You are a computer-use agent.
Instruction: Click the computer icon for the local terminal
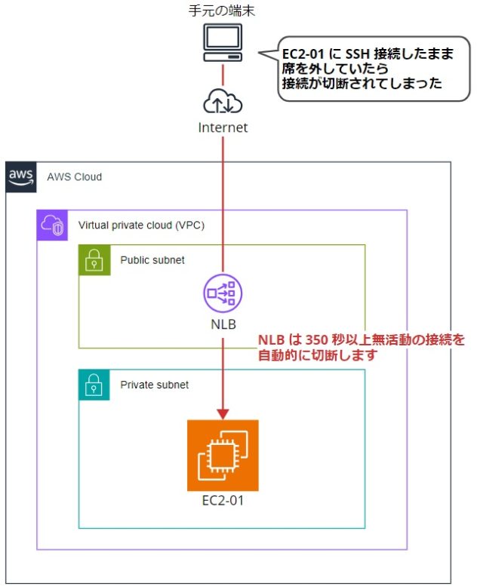click(x=223, y=44)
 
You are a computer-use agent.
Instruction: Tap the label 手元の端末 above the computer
click(x=223, y=11)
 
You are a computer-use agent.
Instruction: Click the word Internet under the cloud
click(x=223, y=127)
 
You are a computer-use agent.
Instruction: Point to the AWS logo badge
click(x=20, y=176)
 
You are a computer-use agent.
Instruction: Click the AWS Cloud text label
click(x=74, y=177)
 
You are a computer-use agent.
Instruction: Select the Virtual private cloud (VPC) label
click(x=141, y=226)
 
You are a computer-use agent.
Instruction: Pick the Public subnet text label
click(x=152, y=260)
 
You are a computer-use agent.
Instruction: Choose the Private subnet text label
click(x=154, y=385)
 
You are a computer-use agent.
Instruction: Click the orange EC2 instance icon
click(x=223, y=455)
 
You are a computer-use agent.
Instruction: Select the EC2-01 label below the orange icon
click(x=223, y=500)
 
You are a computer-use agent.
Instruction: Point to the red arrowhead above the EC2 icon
click(x=223, y=413)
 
